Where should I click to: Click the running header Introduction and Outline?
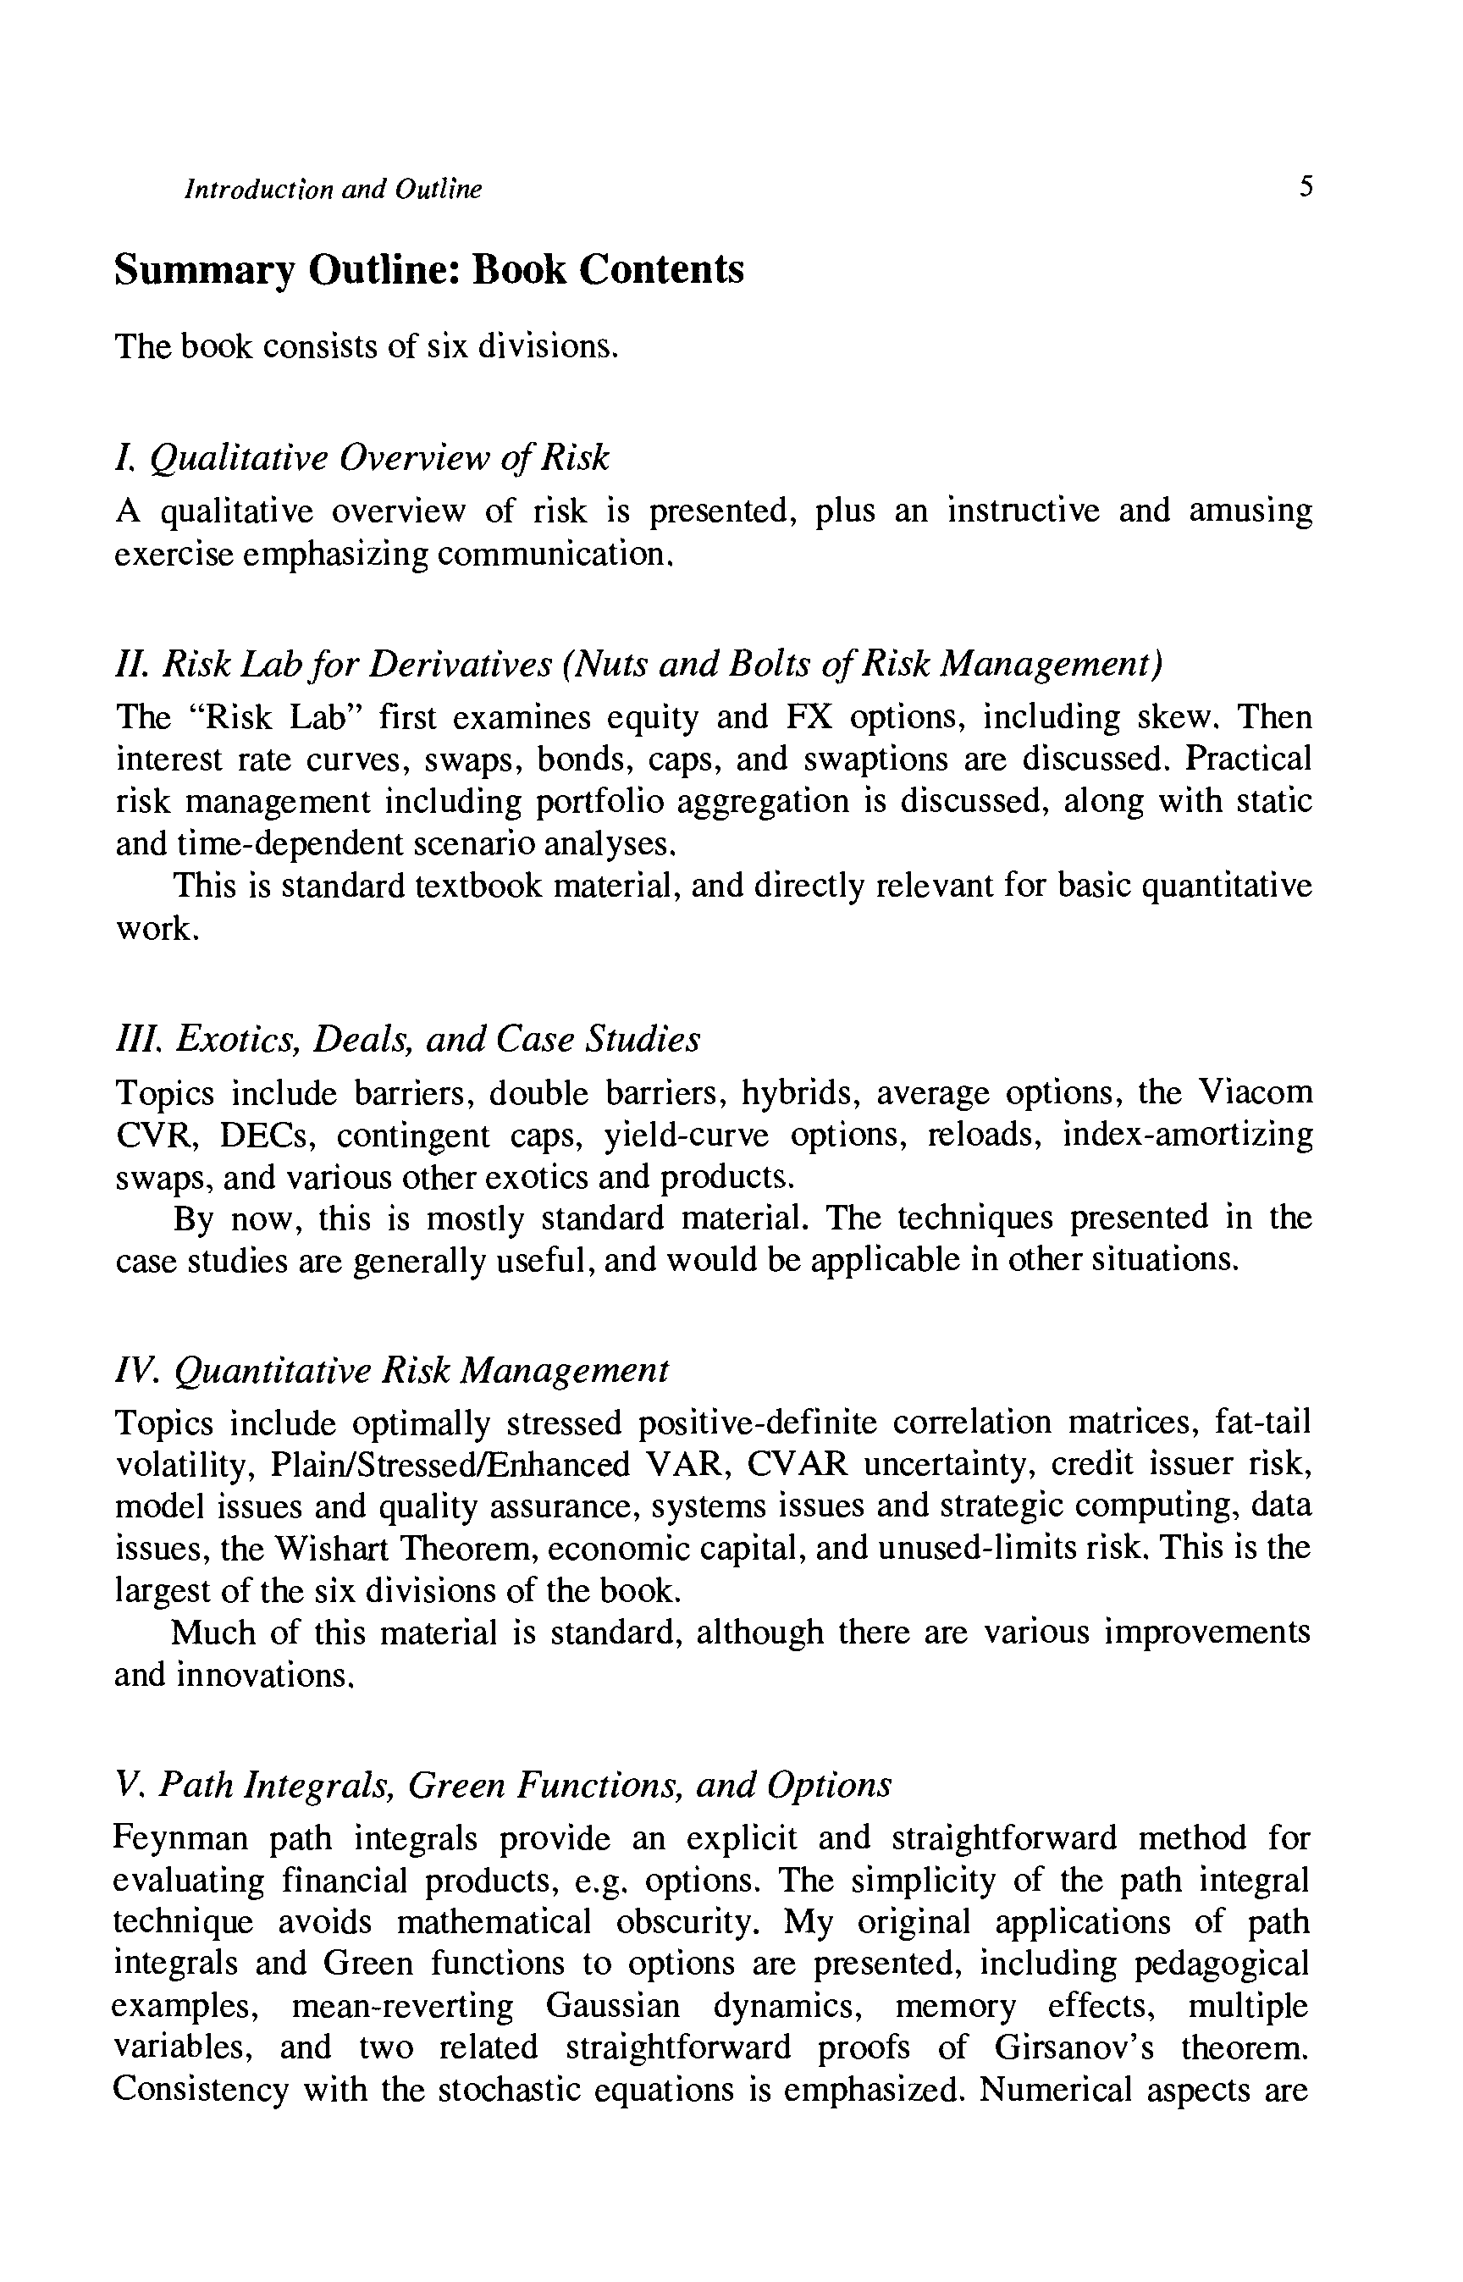[x=333, y=189]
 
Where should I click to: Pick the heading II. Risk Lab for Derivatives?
[x=638, y=663]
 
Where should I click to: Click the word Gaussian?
[x=613, y=2006]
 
